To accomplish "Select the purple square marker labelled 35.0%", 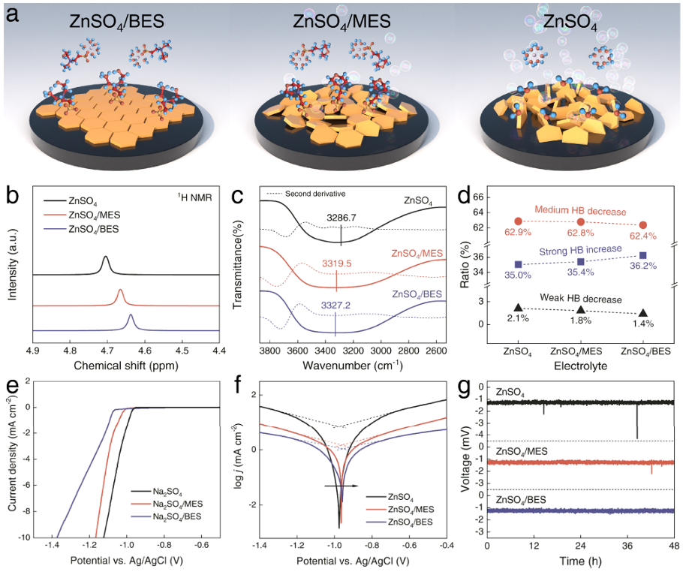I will (x=518, y=264).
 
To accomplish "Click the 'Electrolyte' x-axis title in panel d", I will (x=579, y=366).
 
